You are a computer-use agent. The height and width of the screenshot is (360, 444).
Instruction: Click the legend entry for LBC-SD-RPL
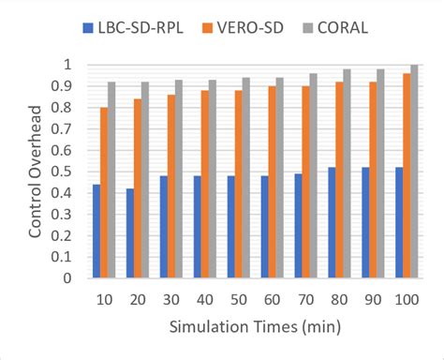(x=136, y=27)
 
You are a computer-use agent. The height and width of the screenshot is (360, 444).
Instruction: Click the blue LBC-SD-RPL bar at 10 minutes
(x=96, y=231)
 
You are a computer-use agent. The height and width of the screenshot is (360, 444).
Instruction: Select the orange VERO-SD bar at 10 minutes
(x=104, y=192)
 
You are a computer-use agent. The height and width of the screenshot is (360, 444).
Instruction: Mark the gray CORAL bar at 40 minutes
(x=212, y=178)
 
